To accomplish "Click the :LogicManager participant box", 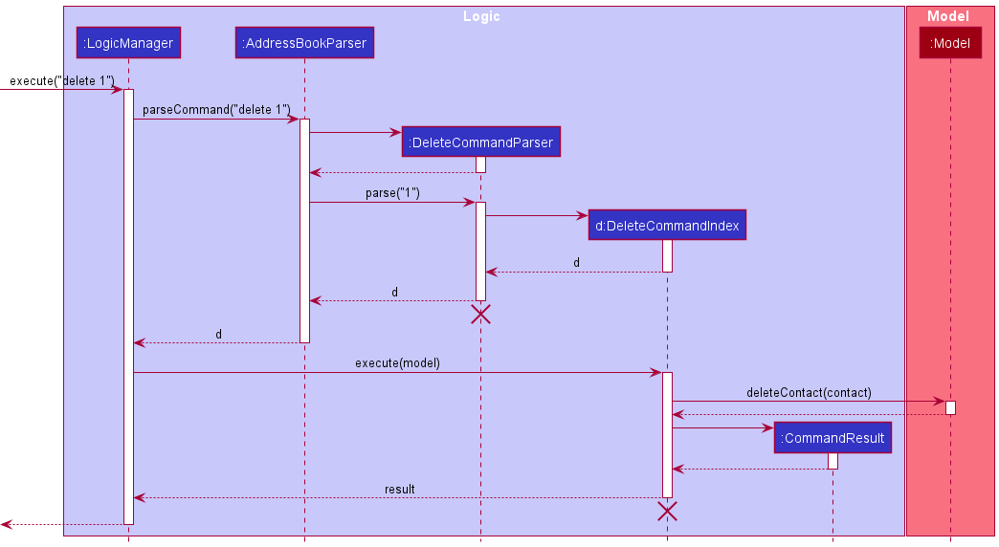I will pos(128,42).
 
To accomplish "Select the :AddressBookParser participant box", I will pos(304,42).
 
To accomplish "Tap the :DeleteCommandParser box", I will pos(480,142).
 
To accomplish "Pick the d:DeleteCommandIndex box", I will pos(667,225).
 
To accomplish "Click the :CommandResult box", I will pos(832,438).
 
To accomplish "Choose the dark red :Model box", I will pos(950,42).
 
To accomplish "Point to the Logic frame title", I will pos(481,16).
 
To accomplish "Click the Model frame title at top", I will pos(948,16).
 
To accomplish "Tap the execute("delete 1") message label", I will pos(62,81).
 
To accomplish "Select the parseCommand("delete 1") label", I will pos(216,110).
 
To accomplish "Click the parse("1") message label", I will pos(392,193).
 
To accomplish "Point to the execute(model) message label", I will pos(397,363).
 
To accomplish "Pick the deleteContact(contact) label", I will pos(809,392).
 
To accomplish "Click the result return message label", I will pos(400,489).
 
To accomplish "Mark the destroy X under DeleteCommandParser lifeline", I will pos(480,314).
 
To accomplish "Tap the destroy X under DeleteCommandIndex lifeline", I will pos(667,512).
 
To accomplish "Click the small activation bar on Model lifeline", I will pos(950,407).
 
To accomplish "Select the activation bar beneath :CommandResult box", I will pos(832,461).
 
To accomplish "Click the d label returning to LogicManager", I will pos(218,334).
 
